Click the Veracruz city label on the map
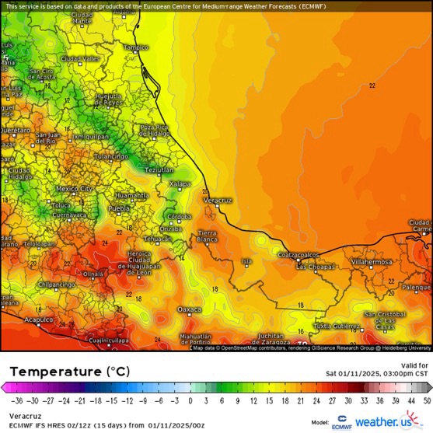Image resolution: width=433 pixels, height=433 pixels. (x=218, y=200)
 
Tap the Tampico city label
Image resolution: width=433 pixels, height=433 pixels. (x=135, y=47)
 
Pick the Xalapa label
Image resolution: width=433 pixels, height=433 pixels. (x=180, y=183)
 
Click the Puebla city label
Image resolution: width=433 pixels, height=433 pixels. (x=119, y=209)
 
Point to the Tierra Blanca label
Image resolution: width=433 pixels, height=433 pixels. (x=208, y=236)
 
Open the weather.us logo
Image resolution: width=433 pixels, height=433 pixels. (x=386, y=421)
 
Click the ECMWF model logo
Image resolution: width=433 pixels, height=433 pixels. (x=340, y=422)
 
